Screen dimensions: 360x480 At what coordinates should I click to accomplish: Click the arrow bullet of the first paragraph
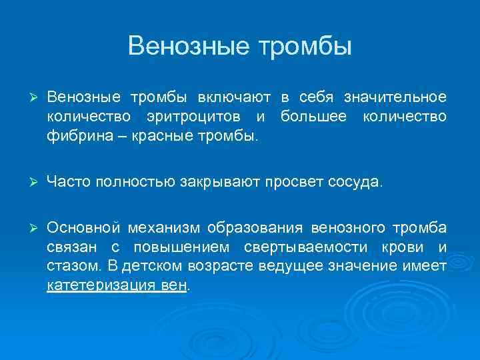click(27, 97)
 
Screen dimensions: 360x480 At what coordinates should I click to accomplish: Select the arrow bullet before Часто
click(27, 181)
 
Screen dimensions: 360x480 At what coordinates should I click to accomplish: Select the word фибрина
click(72, 137)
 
